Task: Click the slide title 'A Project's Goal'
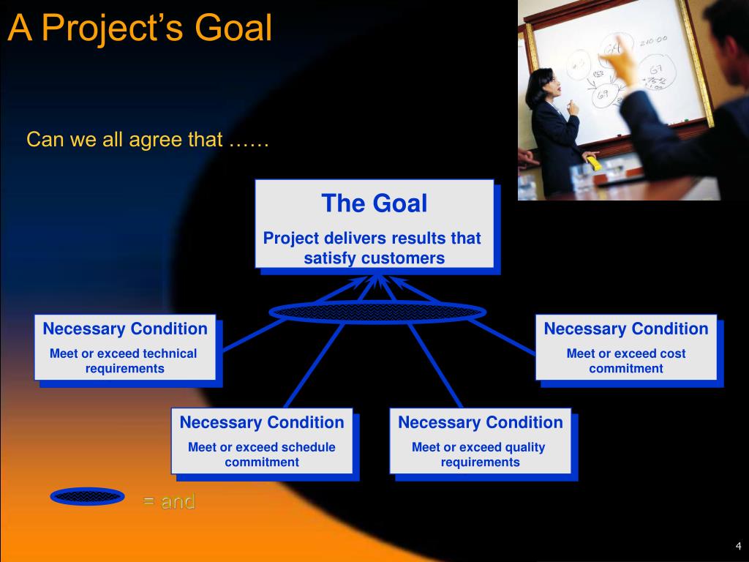pos(140,29)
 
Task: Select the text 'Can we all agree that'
pos(124,140)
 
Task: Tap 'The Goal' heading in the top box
pos(374,203)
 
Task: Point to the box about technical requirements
pos(125,348)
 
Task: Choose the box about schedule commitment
pos(263,441)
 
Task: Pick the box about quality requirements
pos(481,441)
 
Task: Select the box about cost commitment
pos(626,348)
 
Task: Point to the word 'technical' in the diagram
pos(170,353)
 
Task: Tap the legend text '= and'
pos(169,502)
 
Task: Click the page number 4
pos(739,546)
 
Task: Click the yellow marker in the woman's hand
pos(594,163)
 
